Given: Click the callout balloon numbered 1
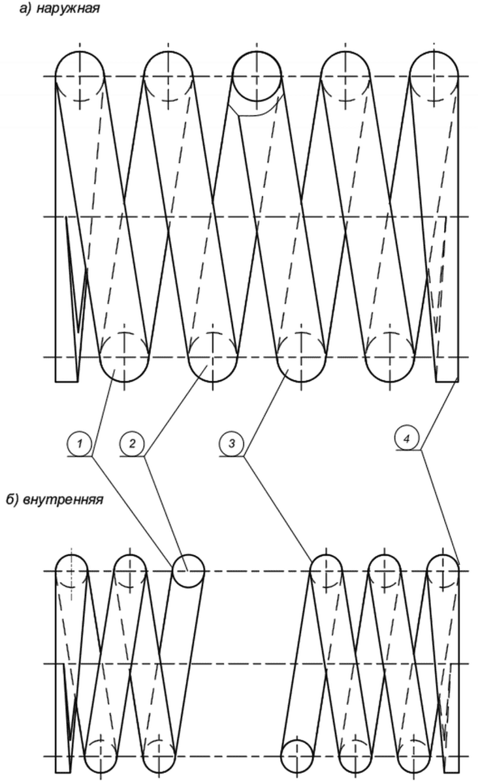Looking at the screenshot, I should click(x=80, y=444).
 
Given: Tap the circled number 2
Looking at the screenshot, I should click(x=133, y=444).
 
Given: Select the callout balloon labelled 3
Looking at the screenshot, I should click(x=231, y=444).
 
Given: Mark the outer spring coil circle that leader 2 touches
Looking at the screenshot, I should click(x=212, y=357).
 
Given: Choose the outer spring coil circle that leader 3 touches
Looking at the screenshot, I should click(x=301, y=357).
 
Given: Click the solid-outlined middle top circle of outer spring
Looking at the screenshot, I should click(x=257, y=76).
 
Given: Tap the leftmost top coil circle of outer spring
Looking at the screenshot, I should click(x=80, y=76).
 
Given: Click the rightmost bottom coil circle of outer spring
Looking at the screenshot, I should click(x=390, y=357).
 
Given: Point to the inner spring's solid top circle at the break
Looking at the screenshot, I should click(x=189, y=571).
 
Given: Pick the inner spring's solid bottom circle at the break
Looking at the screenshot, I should click(x=297, y=757).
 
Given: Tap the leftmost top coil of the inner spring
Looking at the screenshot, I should click(x=71, y=571).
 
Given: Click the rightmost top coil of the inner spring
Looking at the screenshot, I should click(x=443, y=571).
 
